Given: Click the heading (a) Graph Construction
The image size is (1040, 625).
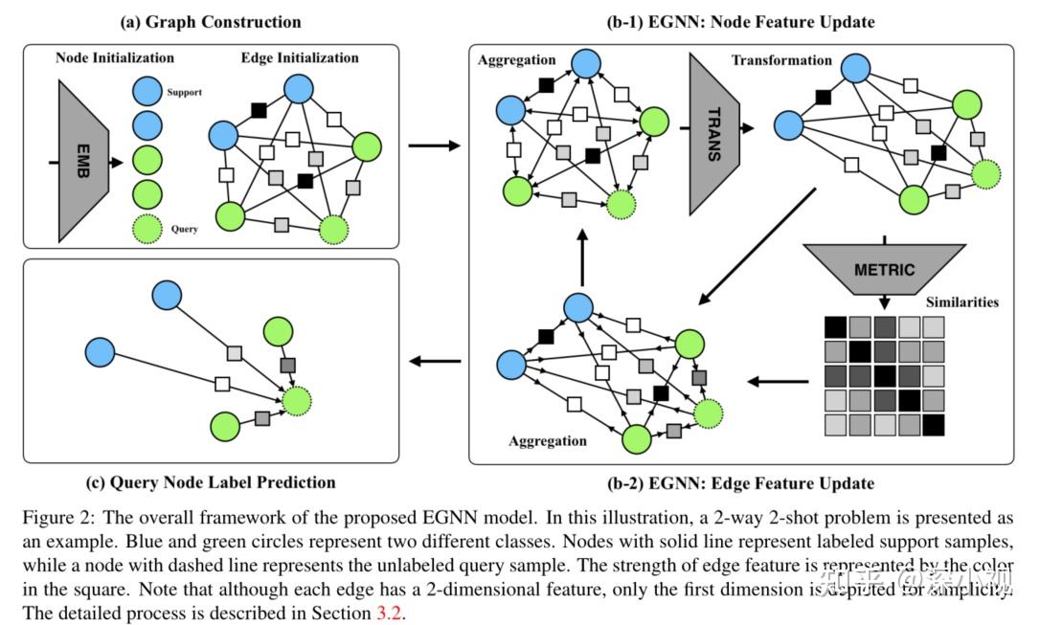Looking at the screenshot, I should point(211,21).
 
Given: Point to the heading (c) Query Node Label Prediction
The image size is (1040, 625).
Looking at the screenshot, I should point(211,481).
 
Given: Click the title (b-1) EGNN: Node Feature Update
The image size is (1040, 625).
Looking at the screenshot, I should point(740,21).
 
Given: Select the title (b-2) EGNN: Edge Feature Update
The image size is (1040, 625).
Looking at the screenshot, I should point(740,482).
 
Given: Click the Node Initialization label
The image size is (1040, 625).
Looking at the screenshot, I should point(115,57).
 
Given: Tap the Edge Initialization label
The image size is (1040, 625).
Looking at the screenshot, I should point(300,57).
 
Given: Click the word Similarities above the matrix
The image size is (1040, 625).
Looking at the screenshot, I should point(961,302).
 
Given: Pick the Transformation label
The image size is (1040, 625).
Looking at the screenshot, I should point(781,60).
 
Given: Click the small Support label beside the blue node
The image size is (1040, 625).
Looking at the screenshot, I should point(184,93).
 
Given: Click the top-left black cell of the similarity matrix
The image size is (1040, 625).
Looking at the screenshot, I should point(836,327).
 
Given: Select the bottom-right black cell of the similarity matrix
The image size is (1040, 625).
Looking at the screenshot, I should point(933,423).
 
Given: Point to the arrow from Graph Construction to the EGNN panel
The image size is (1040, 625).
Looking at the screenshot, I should point(433,145).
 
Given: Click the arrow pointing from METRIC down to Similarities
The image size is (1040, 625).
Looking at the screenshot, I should point(883,299).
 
